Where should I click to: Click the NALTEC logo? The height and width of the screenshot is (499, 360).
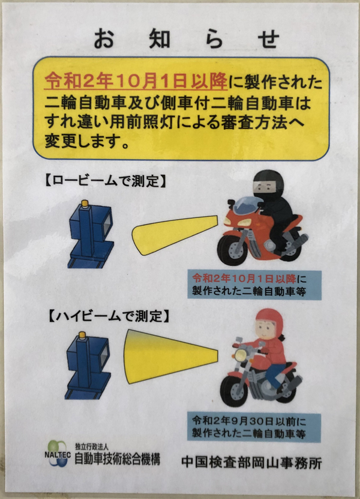pos(57,453)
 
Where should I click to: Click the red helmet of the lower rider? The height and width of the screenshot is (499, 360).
pos(269,322)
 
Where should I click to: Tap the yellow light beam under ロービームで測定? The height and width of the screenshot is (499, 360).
pos(175,235)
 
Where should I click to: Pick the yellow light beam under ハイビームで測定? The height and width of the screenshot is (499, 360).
pos(171,357)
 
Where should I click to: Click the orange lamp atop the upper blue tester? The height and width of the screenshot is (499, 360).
pos(85,204)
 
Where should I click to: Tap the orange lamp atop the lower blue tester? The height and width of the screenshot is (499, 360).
pos(82,335)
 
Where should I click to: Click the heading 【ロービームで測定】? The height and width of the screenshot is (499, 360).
pos(105,181)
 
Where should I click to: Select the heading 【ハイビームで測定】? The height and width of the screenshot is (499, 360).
pos(109,316)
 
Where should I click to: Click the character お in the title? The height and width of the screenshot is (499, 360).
pos(104,38)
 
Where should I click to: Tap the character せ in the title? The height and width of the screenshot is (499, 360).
pos(269,38)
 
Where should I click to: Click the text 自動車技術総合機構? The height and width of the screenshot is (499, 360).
pos(118,459)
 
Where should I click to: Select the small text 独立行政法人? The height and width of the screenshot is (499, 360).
pos(92,447)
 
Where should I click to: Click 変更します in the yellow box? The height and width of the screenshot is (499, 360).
pos(82,142)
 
